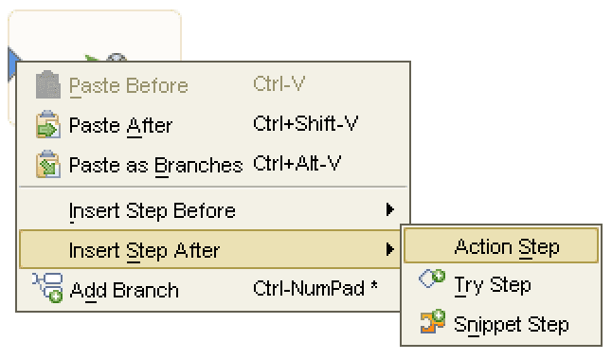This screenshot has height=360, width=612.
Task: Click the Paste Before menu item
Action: point(128,86)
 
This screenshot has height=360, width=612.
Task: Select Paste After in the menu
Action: point(120,126)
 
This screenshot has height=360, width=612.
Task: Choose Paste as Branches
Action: point(155,165)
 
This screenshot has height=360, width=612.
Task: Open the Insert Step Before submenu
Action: point(152,210)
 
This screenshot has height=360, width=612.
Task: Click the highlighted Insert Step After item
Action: point(144,250)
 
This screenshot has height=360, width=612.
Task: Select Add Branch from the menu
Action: point(123,290)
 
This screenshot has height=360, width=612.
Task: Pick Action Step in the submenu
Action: point(506,247)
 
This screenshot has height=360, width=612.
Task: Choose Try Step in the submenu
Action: point(492,284)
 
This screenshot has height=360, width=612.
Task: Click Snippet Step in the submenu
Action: point(511,324)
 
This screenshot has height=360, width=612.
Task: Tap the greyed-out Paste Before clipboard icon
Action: point(47,86)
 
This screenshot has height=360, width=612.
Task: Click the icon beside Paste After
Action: point(47,126)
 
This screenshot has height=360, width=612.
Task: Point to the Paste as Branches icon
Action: point(47,165)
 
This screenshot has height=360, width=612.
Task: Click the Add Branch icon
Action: point(47,289)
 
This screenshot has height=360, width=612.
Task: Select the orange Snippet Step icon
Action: point(432,323)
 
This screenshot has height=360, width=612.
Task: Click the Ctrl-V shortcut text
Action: point(279,84)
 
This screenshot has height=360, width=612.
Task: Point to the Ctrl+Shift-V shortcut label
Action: point(305,124)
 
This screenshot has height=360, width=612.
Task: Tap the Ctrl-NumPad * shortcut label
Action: point(315,289)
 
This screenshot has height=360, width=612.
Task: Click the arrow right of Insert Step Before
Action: point(390,210)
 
